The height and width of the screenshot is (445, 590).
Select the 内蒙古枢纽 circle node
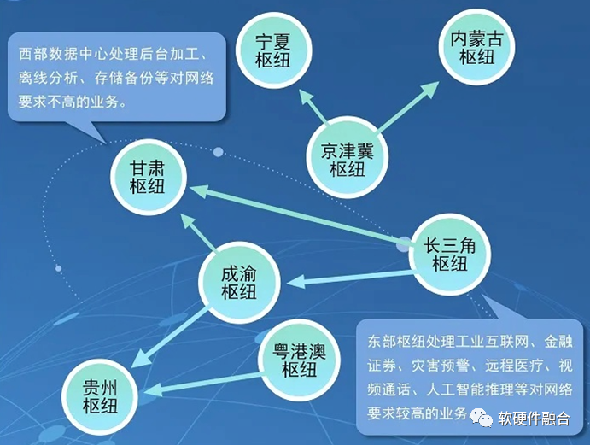[476, 47]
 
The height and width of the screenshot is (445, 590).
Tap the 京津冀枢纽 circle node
[347, 158]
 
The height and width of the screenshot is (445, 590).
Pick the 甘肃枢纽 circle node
[149, 178]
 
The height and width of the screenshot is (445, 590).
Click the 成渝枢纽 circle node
[240, 283]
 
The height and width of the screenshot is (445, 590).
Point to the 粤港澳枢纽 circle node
[300, 360]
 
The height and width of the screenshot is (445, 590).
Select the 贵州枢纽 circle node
[101, 397]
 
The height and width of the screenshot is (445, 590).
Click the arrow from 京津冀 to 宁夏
[313, 107]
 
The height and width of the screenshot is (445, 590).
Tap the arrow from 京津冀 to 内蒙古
[407, 107]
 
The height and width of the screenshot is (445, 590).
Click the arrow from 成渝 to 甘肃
[198, 232]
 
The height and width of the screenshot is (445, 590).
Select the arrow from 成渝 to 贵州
[170, 337]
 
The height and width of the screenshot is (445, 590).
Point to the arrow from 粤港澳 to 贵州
[202, 384]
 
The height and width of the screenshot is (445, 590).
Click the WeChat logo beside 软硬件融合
[481, 417]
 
